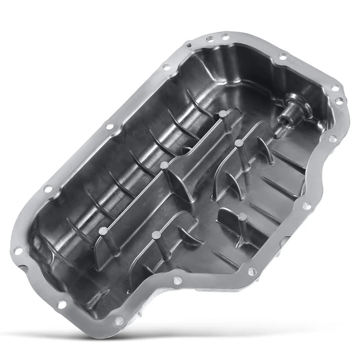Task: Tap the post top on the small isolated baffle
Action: pyautogui.click(x=242, y=217)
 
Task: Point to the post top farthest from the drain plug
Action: pyautogui.click(x=100, y=230)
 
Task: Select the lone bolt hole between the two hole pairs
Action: pyautogui.click(x=283, y=56)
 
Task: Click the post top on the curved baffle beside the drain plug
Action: pyautogui.click(x=238, y=142)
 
